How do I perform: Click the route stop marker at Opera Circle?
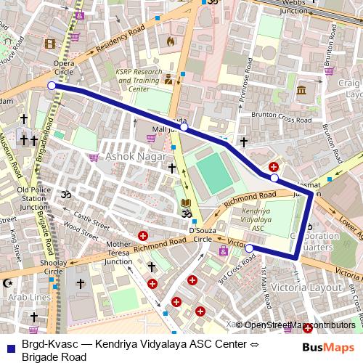(x=52, y=86)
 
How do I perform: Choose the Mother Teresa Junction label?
(x=118, y=253)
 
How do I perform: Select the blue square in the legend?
(x=10, y=346)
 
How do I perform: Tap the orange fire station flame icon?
(x=171, y=42)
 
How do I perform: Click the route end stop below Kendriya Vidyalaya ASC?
(x=249, y=249)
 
